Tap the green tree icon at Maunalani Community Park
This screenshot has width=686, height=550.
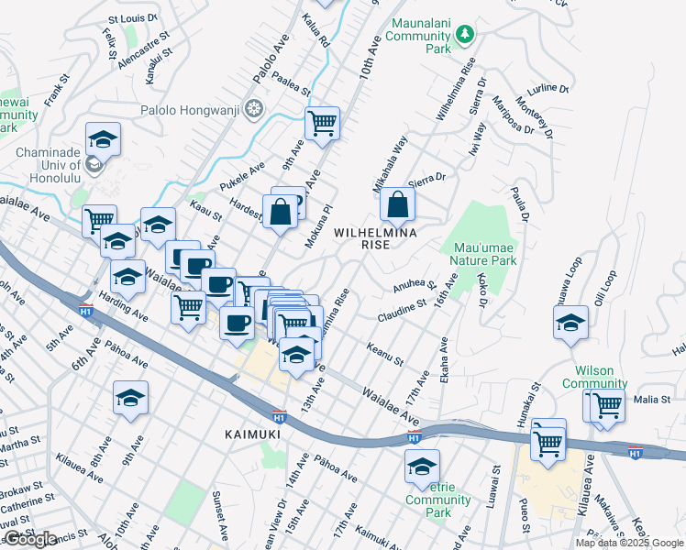(x=466, y=34)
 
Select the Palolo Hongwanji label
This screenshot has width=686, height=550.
(x=189, y=111)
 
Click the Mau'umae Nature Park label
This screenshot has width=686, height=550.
(x=479, y=253)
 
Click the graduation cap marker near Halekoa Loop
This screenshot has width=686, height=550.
(x=570, y=323)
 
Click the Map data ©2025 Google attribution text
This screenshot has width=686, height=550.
(x=629, y=543)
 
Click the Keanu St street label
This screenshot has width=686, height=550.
(x=384, y=355)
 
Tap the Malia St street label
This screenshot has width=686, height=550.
(x=652, y=400)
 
